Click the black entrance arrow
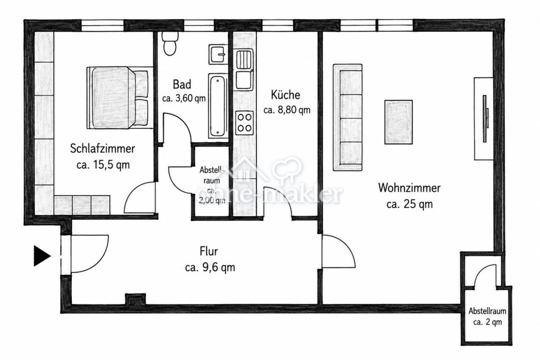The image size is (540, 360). [x=41, y=256]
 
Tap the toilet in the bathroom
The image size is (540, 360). [x=169, y=43]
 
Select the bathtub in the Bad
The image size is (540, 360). [x=218, y=105]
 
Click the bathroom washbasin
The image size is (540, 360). [x=218, y=54]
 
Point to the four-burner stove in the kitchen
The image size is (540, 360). [x=245, y=123]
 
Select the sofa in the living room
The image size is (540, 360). [x=348, y=118]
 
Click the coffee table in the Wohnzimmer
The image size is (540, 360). [x=399, y=122]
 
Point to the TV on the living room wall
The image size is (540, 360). [x=485, y=119]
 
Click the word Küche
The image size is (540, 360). [x=285, y=95]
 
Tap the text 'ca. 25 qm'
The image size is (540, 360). [x=409, y=204]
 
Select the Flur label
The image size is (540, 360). [x=209, y=251]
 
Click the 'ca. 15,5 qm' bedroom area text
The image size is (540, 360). [x=103, y=165]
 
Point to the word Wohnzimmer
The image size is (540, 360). [x=409, y=188]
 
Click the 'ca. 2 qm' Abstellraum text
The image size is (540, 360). [x=488, y=322]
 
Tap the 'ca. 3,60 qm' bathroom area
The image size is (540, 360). [x=184, y=99]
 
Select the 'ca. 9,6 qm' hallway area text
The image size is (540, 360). [x=210, y=267]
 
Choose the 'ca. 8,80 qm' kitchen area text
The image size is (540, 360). [x=287, y=110]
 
